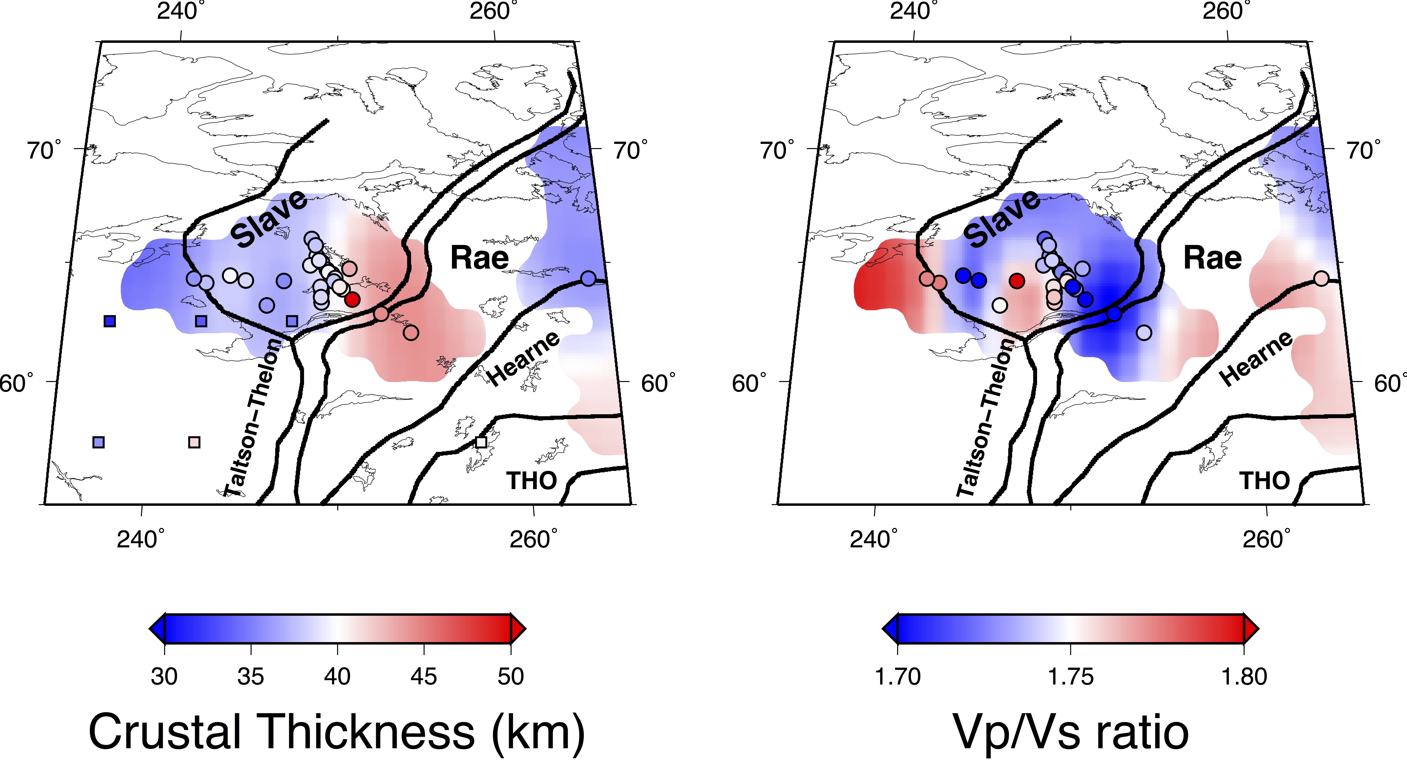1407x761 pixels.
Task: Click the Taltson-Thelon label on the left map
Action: point(254,418)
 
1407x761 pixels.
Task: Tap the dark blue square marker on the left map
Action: point(110,321)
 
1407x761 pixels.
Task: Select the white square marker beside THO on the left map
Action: point(481,442)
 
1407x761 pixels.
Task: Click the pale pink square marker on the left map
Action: point(194,442)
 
